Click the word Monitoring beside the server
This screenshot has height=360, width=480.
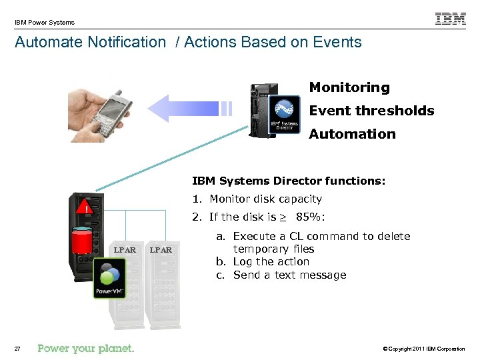(349, 87)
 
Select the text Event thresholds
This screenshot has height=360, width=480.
(371, 111)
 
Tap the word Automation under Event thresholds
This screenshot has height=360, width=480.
(352, 134)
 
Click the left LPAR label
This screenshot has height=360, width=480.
(125, 250)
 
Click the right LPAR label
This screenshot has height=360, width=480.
(160, 250)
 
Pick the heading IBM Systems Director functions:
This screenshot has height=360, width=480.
(289, 181)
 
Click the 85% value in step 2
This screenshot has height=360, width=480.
(310, 217)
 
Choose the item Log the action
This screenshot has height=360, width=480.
(271, 262)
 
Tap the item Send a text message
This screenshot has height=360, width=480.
(289, 275)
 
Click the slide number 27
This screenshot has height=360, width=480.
(18, 349)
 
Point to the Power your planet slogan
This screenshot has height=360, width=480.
(86, 348)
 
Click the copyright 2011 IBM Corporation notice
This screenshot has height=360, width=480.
(425, 349)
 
